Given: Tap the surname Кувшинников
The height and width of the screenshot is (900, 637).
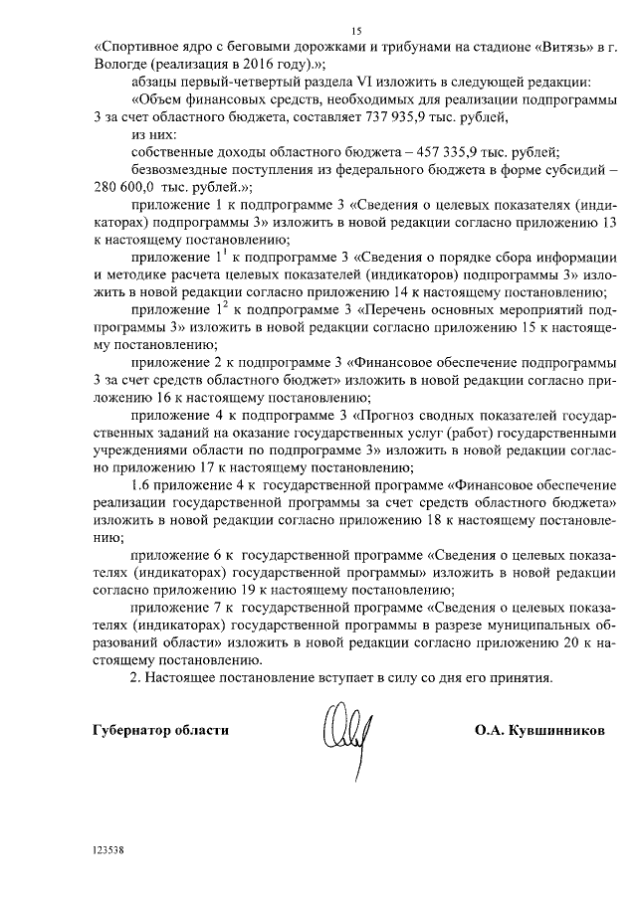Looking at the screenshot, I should point(555,729).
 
